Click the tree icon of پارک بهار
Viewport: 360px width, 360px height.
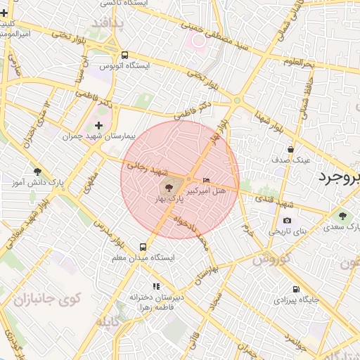[169, 188]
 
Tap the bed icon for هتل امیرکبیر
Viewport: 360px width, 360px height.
[206, 182]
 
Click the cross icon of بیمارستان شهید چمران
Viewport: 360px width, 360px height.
[98, 126]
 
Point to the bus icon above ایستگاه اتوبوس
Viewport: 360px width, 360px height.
[124, 55]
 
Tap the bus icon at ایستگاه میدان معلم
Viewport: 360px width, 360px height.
[143, 247]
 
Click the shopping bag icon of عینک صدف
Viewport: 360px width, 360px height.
[291, 149]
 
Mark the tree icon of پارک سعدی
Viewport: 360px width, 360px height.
[342, 216]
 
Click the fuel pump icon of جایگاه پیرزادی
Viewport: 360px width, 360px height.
[295, 288]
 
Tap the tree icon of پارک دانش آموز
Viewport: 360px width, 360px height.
[37, 171]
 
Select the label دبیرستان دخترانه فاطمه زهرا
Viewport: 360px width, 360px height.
[156, 302]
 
